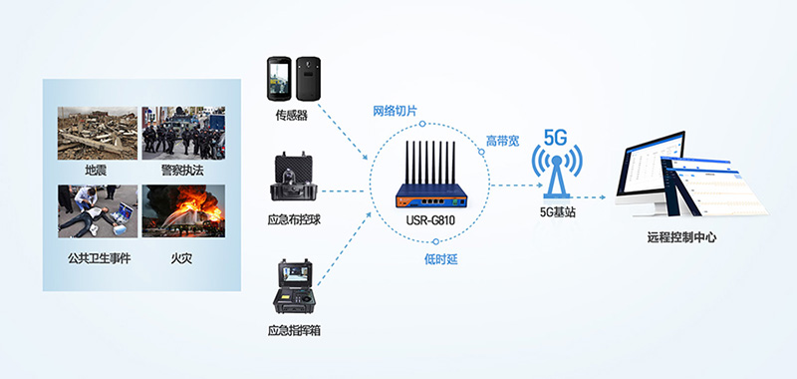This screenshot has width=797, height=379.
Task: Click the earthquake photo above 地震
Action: [96, 132]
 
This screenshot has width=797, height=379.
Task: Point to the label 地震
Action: [96, 171]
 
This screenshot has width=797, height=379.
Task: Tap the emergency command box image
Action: [293, 285]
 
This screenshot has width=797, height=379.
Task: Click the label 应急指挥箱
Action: [293, 329]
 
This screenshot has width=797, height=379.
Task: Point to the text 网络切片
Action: [395, 110]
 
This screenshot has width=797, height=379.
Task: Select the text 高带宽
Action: [502, 141]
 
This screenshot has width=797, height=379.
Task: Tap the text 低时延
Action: [427, 259]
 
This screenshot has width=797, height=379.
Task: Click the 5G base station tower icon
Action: [556, 170]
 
